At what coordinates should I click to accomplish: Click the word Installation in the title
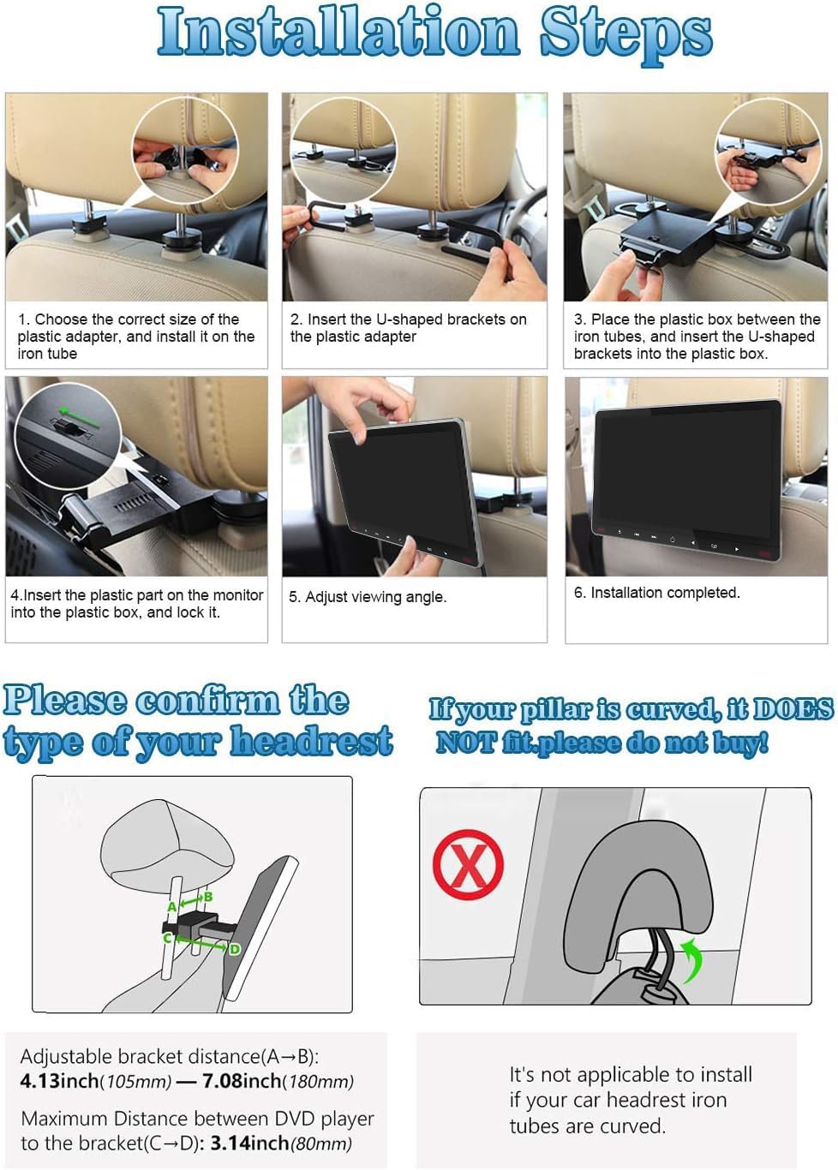click(338, 33)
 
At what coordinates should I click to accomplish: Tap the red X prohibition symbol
click(468, 864)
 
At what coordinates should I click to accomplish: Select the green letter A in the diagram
click(172, 907)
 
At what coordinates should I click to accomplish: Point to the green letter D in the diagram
click(234, 949)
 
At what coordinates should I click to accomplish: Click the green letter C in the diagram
click(168, 939)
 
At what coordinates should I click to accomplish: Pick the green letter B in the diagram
click(207, 897)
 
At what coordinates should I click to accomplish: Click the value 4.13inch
click(59, 1081)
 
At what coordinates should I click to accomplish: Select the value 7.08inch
click(242, 1081)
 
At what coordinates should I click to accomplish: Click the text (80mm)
click(321, 1143)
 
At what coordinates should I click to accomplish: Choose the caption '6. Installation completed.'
click(656, 593)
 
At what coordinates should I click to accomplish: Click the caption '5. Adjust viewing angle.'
click(368, 597)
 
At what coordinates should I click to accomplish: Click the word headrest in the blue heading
click(311, 742)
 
